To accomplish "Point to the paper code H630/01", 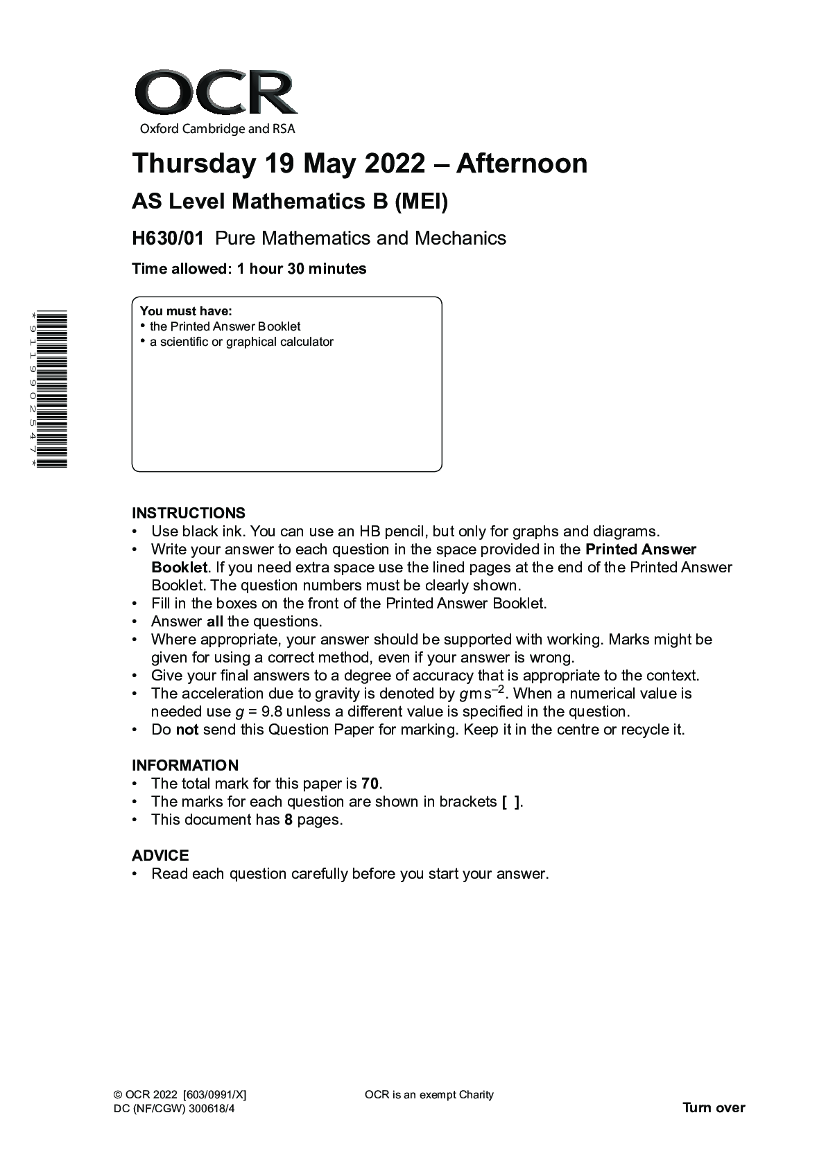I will pos(168,238).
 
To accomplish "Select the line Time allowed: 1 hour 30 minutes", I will pos(249,269).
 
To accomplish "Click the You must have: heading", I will pos(186,311).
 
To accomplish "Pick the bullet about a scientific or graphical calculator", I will pos(241,342).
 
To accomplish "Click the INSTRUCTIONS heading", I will pos(189,514).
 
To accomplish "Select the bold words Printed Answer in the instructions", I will pos(641,550).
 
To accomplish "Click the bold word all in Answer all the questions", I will pos(215,622).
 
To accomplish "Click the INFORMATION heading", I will pos(185,766).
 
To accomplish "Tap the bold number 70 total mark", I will pos(370,784).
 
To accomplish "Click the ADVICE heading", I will pos(160,856).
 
